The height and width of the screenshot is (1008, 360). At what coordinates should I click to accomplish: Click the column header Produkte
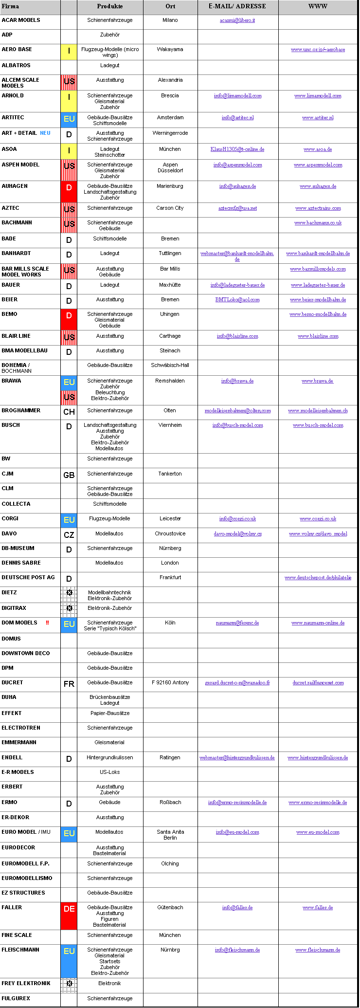(110, 6)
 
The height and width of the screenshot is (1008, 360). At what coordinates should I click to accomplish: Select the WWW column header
(318, 6)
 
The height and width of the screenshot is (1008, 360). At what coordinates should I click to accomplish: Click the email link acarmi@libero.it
(237, 20)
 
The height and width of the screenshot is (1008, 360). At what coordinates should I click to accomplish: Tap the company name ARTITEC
(13, 117)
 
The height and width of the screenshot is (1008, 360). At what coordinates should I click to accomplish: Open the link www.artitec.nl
(318, 118)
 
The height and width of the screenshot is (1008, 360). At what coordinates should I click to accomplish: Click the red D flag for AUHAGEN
(69, 188)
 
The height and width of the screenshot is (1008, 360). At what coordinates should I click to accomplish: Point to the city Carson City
(170, 208)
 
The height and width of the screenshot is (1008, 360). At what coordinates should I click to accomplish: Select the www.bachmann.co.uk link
(318, 223)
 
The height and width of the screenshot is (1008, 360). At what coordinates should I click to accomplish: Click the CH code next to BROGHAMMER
(69, 412)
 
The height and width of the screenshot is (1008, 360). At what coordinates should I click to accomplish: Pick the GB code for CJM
(69, 475)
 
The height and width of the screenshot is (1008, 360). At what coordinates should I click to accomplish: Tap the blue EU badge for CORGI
(69, 520)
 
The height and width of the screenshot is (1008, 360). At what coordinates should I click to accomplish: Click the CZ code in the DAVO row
(69, 535)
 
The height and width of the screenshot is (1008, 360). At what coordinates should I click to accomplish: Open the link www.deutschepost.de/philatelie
(318, 578)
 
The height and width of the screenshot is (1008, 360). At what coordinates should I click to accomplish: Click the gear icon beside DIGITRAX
(69, 608)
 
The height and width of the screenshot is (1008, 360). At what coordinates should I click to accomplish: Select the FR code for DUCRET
(69, 684)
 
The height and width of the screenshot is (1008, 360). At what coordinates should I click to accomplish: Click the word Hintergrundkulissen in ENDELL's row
(110, 757)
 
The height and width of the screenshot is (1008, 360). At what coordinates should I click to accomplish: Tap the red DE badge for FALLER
(69, 909)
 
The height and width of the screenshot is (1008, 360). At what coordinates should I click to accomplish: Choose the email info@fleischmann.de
(237, 950)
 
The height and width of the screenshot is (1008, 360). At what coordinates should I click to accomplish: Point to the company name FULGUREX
(16, 998)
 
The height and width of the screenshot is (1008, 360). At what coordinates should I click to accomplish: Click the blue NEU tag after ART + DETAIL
(45, 133)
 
